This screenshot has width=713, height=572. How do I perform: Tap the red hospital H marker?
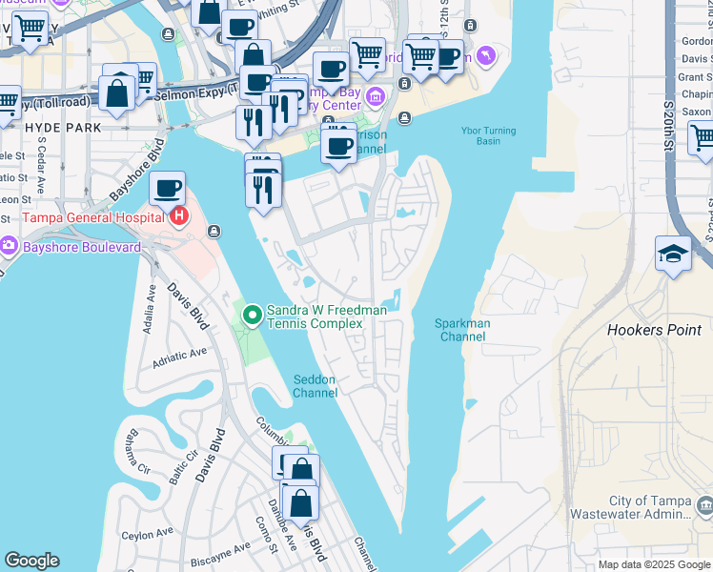(177, 217)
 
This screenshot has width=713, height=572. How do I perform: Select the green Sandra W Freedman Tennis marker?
(253, 314)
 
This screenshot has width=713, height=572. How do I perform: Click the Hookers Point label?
(654, 330)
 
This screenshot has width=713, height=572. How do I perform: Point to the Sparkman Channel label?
(462, 330)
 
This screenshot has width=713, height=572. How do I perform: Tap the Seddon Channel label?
(314, 386)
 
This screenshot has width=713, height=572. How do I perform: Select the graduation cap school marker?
(673, 254)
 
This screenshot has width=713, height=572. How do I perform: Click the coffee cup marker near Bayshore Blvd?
(167, 189)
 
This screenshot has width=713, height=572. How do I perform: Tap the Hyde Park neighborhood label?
(55, 126)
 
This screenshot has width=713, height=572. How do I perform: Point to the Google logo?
(31, 560)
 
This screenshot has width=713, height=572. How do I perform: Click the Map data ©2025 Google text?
(654, 564)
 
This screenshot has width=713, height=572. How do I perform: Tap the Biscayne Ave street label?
(219, 550)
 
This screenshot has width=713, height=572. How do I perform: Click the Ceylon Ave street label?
(151, 535)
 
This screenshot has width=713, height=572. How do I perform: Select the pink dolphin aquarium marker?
(487, 57)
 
